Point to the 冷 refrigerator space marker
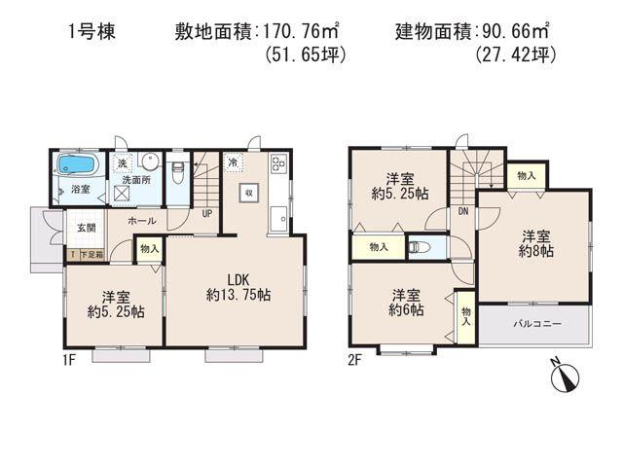(234, 162)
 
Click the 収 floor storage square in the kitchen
(249, 192)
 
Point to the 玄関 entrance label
(86, 228)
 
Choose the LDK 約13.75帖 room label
(238, 283)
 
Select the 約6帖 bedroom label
(406, 309)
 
